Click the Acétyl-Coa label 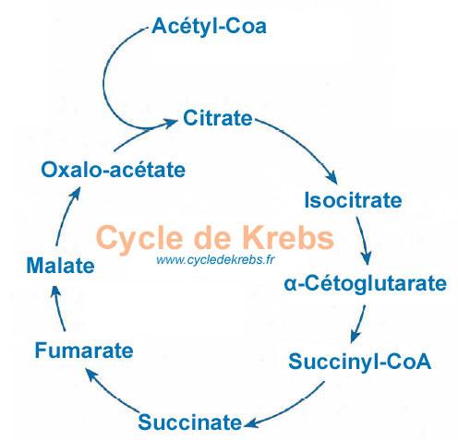(x=209, y=27)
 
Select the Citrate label (x=218, y=118)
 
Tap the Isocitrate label (x=353, y=200)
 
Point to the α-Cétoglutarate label (x=365, y=283)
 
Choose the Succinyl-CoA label (x=359, y=362)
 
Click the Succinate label (x=190, y=422)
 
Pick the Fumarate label (x=84, y=351)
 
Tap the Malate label (x=60, y=266)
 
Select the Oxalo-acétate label (x=114, y=170)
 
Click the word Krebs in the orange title (x=288, y=238)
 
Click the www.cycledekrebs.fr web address (x=215, y=260)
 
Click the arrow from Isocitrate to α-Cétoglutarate (x=364, y=241)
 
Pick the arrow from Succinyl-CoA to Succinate (x=290, y=409)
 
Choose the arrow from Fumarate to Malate (x=58, y=308)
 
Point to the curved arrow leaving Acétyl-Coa (x=103, y=80)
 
